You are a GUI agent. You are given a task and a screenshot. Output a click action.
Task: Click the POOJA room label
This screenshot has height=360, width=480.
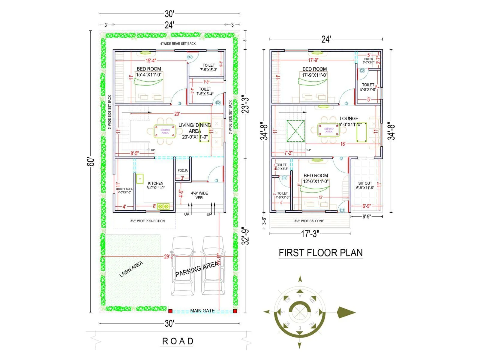point(182,170)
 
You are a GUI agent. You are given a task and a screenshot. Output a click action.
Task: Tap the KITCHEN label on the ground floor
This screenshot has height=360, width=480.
point(155,183)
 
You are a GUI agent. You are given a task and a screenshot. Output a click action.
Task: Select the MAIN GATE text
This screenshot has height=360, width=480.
point(202,311)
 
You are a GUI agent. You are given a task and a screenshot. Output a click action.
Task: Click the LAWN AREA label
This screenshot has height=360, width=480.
point(131,269)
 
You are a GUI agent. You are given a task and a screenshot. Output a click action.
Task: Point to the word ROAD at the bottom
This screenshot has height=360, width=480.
point(178,341)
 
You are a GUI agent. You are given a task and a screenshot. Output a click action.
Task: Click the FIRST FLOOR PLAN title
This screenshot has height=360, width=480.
point(321,253)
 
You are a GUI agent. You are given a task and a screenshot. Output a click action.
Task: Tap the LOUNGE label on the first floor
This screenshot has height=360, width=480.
point(349,118)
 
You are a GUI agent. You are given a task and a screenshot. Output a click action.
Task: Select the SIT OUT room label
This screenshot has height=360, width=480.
point(365,183)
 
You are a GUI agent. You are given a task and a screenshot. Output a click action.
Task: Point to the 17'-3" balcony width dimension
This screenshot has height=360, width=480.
point(310,234)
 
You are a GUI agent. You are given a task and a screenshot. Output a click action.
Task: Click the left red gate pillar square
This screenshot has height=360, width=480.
point(170,311)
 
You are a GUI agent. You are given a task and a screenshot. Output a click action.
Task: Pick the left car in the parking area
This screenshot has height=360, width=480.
point(182,266)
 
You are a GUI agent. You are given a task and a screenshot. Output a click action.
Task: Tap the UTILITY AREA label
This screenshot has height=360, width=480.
point(124,189)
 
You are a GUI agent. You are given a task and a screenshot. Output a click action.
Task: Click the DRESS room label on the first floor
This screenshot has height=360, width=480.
point(369,59)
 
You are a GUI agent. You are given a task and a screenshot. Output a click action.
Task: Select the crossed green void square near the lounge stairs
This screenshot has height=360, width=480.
point(295,131)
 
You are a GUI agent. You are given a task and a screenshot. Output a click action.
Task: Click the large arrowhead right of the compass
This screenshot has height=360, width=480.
point(346,312)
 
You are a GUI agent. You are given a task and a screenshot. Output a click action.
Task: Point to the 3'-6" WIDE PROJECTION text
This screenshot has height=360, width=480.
point(147,221)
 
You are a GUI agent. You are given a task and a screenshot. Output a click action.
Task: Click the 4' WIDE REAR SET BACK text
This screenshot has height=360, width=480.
point(178,44)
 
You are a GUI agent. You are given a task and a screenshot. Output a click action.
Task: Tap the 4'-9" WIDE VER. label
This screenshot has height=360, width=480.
point(199,195)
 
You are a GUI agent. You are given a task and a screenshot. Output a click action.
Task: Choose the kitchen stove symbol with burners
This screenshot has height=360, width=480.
point(163,206)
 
